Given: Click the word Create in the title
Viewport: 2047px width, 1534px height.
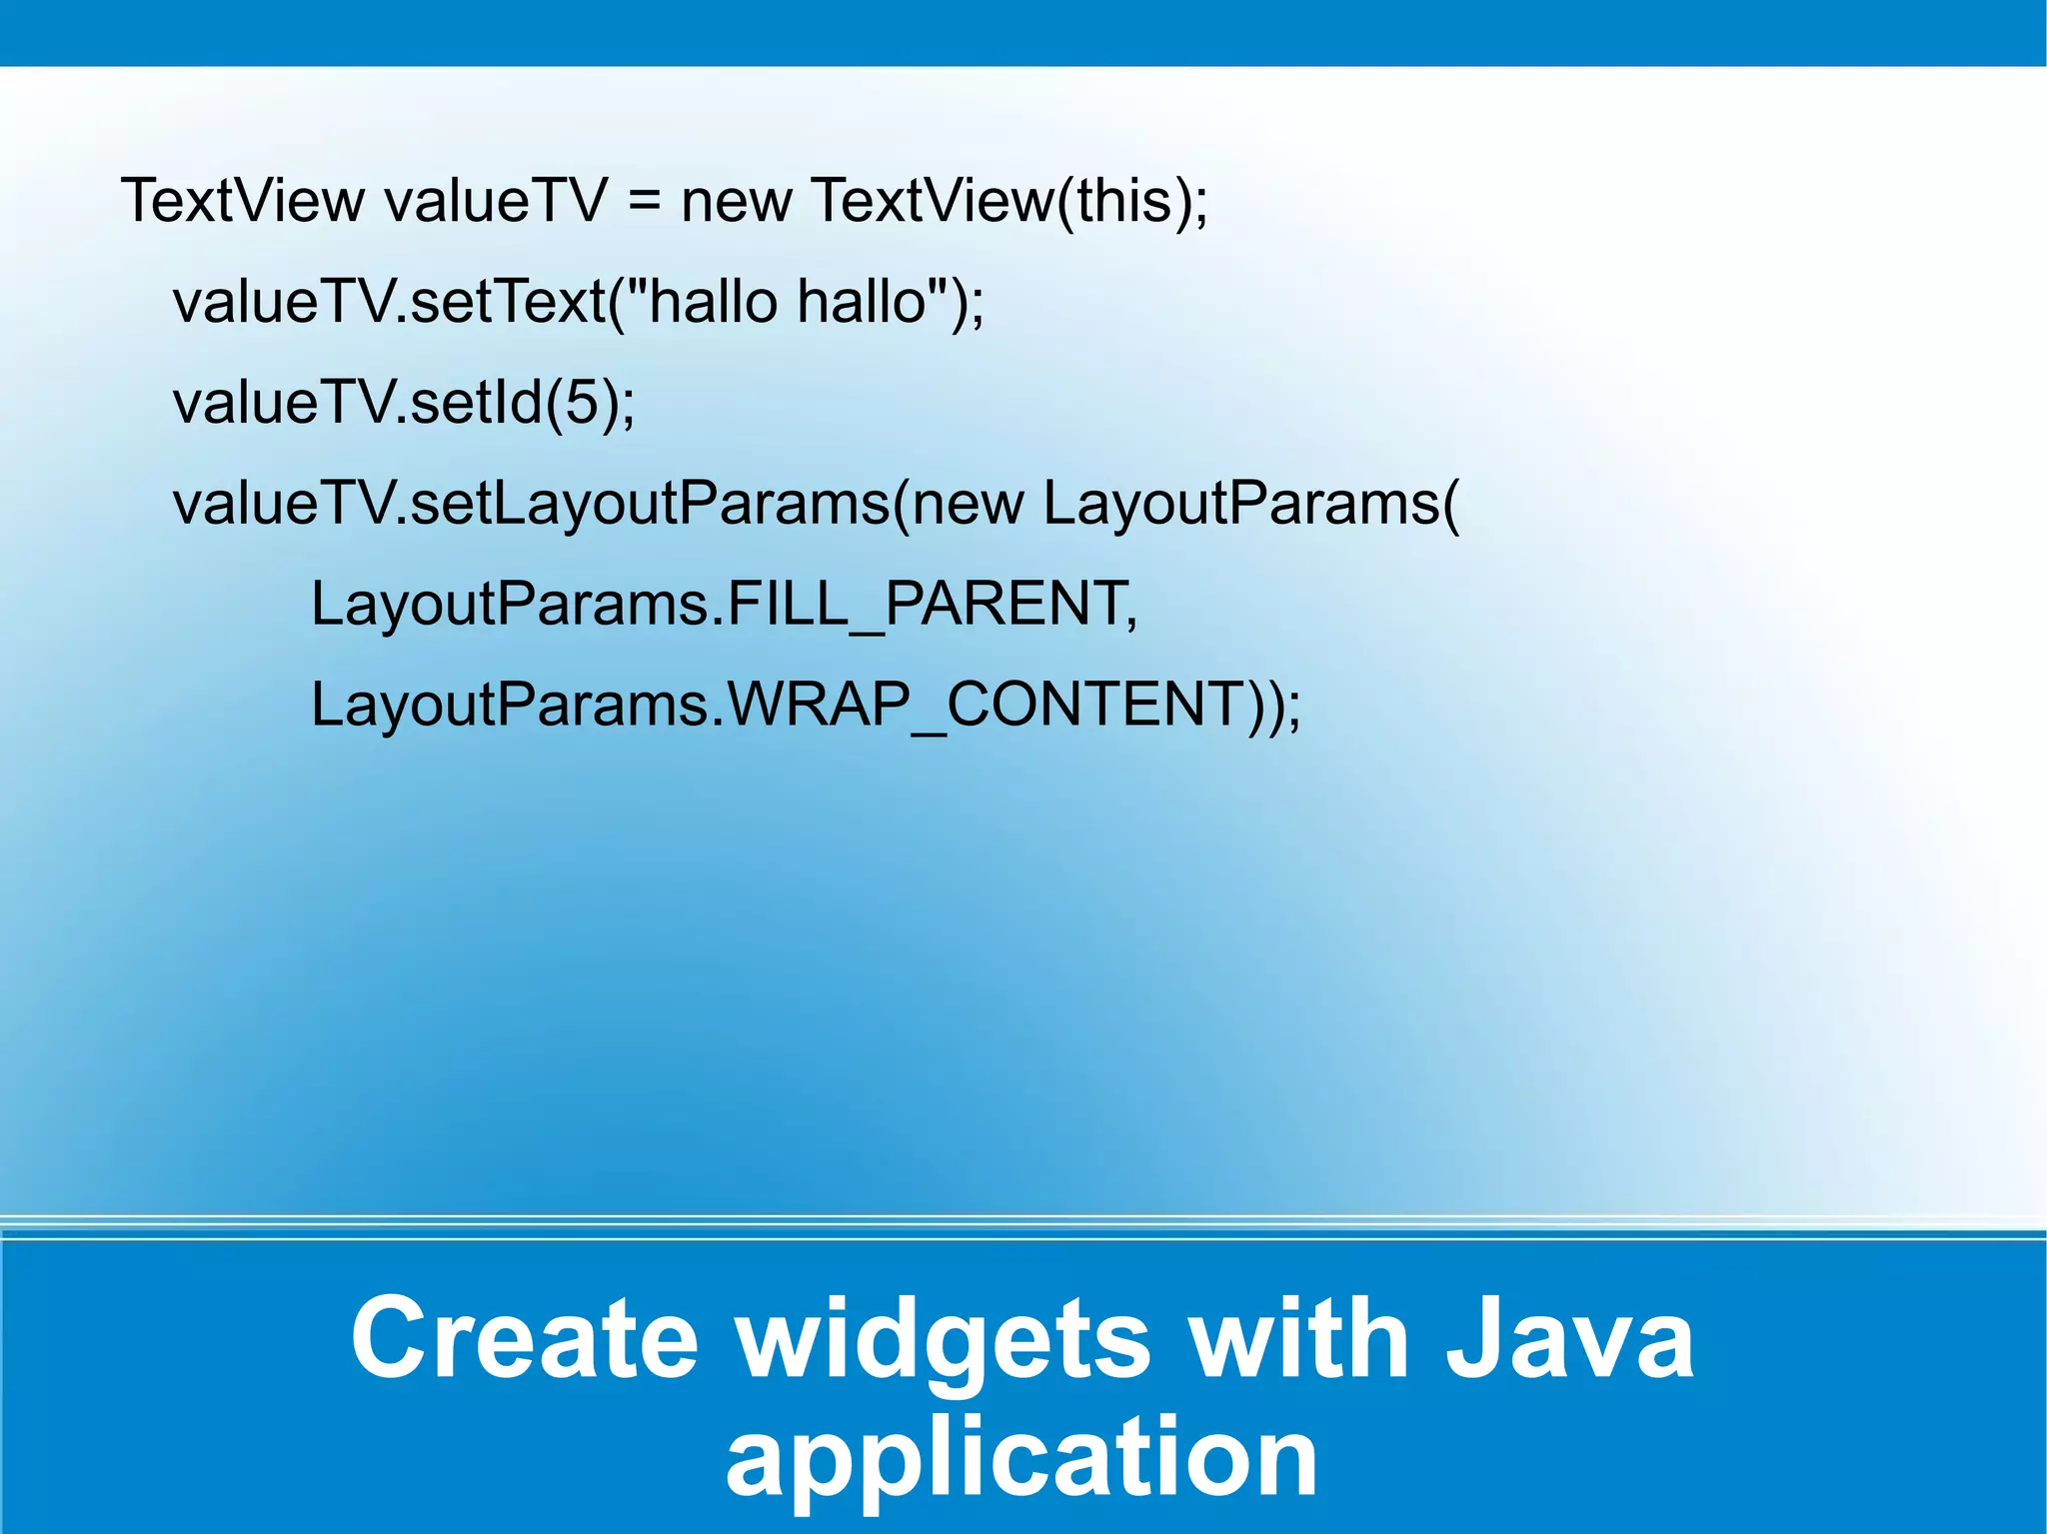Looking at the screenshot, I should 524,1337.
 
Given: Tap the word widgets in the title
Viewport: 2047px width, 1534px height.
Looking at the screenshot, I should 945,1337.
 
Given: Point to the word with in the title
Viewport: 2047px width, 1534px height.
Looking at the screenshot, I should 1299,1337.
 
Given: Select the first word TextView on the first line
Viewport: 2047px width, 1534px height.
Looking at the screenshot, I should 243,201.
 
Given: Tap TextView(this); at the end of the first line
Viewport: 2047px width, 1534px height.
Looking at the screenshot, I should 1010,201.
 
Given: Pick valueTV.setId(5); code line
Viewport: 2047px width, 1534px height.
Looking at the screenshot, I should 404,403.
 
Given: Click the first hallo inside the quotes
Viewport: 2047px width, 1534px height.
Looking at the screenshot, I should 712,301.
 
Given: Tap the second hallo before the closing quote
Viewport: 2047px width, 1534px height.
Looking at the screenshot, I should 862,301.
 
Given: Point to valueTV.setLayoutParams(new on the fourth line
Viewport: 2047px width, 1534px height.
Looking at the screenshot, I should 598,503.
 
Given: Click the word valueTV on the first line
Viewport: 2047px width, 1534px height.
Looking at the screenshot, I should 496,201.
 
